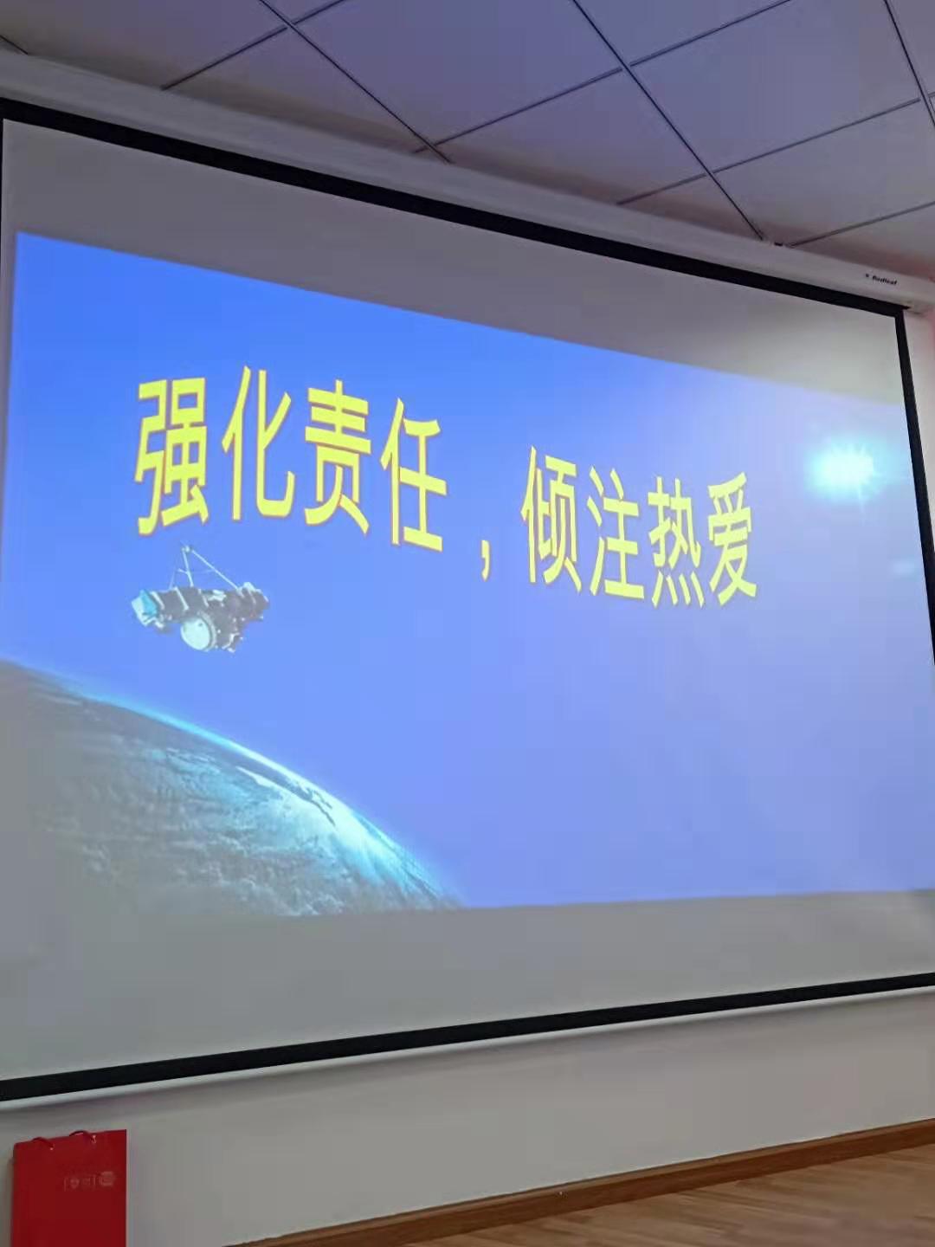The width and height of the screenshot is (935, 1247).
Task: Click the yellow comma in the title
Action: [487, 566]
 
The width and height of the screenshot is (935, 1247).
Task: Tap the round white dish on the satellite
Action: [197, 631]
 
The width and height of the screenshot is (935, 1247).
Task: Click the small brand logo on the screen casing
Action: [876, 279]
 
